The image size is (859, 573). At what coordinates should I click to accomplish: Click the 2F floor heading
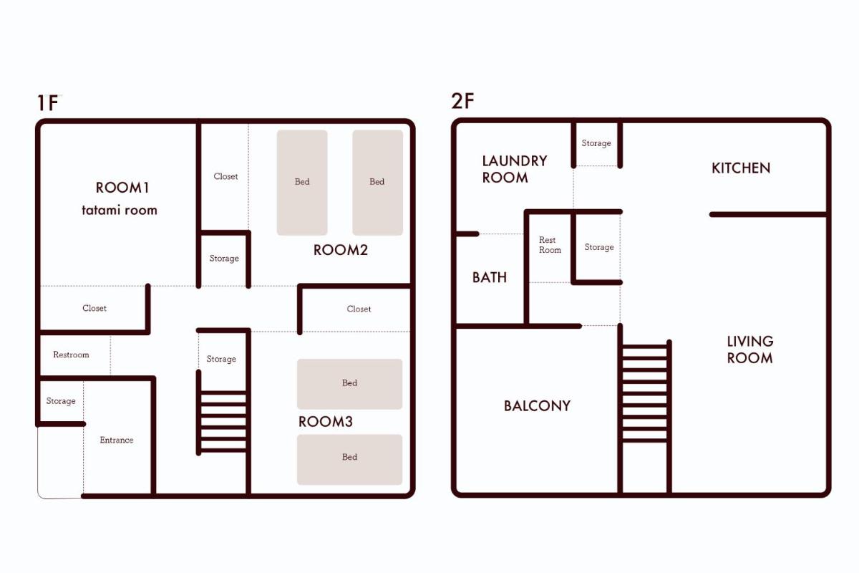coord(462,101)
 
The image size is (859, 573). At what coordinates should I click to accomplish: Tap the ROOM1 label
coord(122,188)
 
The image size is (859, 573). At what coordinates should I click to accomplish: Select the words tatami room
coord(120,210)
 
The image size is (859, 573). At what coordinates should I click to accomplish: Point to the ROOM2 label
coord(341,250)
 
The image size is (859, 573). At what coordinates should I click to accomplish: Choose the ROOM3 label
coord(326,422)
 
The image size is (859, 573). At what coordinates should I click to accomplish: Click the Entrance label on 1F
coord(117,440)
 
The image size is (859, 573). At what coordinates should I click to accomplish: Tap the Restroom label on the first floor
coord(71,355)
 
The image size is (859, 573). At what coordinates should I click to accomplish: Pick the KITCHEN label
coord(741,168)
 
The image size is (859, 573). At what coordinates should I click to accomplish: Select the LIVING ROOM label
coord(750,350)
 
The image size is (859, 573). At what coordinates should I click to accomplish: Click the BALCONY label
coord(538,405)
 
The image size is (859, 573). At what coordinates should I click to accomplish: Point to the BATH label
coord(490,277)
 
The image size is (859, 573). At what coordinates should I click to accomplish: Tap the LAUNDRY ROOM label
coord(515,169)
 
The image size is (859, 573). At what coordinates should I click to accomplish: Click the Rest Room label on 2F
coord(550,245)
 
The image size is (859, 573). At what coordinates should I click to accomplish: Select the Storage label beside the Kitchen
coord(596,143)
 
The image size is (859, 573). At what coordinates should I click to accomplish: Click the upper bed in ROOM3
coord(350,384)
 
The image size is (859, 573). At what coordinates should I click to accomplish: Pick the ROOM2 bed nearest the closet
coord(302,183)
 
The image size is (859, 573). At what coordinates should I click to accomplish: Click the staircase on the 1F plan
coord(223,413)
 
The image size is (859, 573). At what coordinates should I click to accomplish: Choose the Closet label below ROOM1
coord(94,308)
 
